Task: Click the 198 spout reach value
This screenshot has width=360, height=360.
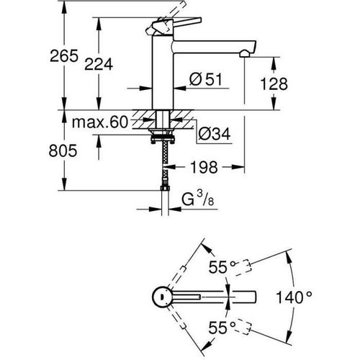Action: (204, 169)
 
